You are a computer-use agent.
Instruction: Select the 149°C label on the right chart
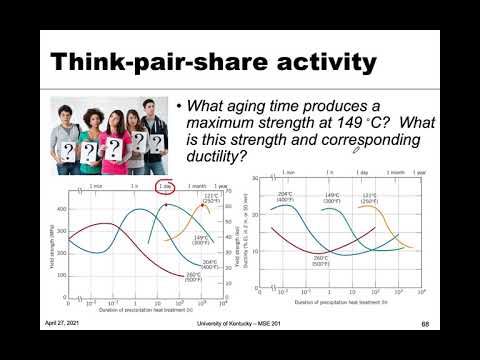click(x=330, y=197)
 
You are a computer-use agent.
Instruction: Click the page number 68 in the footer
click(x=424, y=323)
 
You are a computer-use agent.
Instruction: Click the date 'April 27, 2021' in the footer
click(x=62, y=323)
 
